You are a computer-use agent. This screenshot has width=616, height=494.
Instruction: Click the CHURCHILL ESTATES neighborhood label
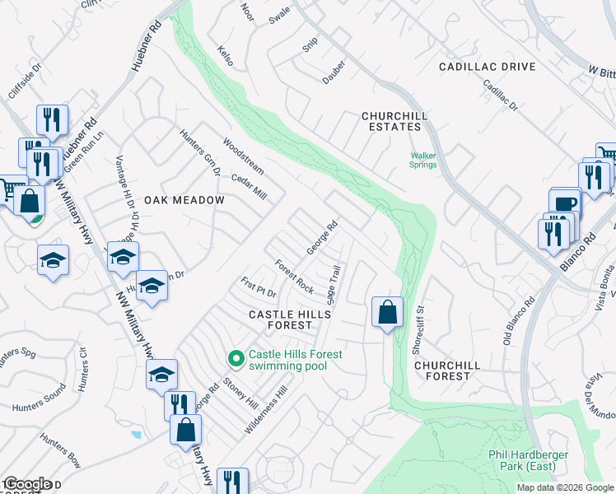(391, 121)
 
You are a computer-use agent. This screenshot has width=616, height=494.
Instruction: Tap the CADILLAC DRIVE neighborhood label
(487, 67)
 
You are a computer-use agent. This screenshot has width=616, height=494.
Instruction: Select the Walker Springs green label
(424, 159)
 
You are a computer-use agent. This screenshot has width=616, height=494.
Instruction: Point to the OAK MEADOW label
(184, 200)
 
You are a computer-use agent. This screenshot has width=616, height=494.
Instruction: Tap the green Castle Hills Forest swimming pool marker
(236, 357)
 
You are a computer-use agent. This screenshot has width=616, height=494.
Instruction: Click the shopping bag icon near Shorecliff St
(387, 312)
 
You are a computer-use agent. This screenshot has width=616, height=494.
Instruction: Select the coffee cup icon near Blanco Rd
(565, 203)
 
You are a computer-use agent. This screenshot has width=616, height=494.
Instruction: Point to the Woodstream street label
(243, 155)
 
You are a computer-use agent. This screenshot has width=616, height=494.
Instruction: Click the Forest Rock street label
(294, 277)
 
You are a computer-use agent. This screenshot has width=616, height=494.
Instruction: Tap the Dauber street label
(334, 75)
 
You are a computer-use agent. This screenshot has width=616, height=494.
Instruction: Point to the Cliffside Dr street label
(23, 81)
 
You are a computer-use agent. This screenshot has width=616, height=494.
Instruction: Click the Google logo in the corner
(27, 483)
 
